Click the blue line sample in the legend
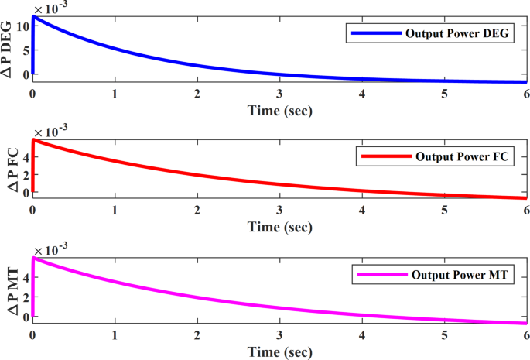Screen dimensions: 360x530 [x=374, y=34]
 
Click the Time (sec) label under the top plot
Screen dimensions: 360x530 [x=279, y=111]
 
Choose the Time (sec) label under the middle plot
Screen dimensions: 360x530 [x=279, y=228]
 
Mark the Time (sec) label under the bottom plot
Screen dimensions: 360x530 [x=279, y=351]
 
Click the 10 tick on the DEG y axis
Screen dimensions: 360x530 [x=22, y=26]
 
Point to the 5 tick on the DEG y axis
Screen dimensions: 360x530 [x=25, y=50]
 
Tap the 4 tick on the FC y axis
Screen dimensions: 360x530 [x=25, y=156]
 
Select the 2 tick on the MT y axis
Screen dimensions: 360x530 [x=25, y=297]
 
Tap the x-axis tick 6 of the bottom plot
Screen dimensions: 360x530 [x=525, y=336]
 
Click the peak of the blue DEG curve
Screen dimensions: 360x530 [x=33, y=16]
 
